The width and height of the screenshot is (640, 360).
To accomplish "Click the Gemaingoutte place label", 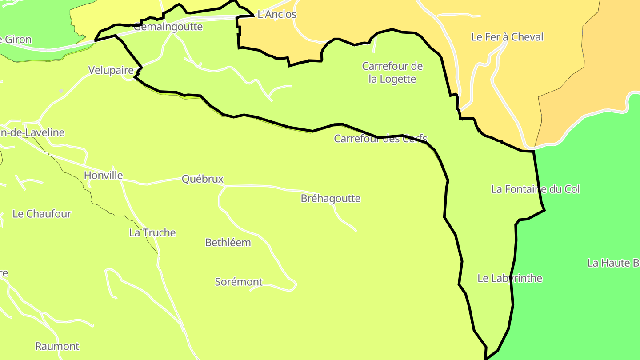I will point(168,27).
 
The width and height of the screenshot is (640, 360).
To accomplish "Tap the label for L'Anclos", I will point(277,14).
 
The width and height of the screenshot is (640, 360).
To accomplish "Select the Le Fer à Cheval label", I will point(507,37).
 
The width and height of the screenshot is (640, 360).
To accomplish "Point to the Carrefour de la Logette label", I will point(392,72).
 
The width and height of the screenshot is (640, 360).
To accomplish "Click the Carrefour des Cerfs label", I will point(380,138).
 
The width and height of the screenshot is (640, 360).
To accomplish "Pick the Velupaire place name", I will point(111,70).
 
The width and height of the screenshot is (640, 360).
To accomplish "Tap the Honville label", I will point(103,175).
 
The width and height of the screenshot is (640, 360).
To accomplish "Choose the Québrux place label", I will point(202,179).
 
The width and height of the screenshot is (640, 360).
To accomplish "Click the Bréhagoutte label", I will point(331,198).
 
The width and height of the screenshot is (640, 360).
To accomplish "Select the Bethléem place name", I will point(228,243).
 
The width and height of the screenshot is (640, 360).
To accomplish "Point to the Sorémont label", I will point(239,282).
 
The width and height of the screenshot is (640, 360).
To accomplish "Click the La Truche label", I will point(152,232).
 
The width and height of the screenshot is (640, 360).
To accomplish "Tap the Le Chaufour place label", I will point(42,214).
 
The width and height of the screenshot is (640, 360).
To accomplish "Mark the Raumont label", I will point(57,346).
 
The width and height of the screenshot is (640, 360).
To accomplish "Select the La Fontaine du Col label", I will point(535,189).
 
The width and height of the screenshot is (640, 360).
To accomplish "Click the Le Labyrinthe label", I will point(510,278).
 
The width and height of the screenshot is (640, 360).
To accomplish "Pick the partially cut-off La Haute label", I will point(613,263).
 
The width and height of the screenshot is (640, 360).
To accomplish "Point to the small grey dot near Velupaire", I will point(61,91).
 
